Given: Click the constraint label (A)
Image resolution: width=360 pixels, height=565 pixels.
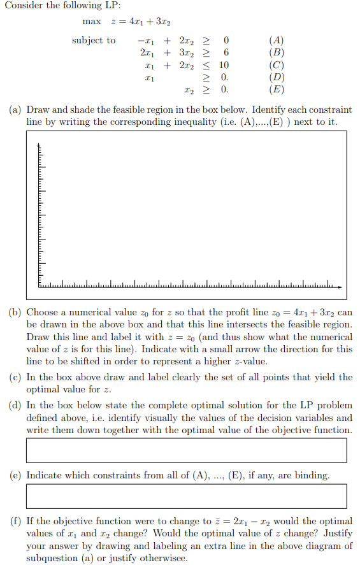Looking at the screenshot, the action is click(x=277, y=41).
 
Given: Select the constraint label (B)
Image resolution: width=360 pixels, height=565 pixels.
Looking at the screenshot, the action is click(x=277, y=53).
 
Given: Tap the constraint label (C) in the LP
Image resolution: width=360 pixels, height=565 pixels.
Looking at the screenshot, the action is click(x=277, y=65).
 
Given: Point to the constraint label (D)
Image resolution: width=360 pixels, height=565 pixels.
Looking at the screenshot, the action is click(x=277, y=77).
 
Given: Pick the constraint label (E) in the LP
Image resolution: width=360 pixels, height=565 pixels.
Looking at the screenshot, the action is click(x=277, y=89).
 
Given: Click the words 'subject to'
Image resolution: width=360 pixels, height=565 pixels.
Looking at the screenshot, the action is click(x=94, y=41).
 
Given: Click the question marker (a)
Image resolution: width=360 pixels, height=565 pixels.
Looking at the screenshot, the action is click(x=15, y=110).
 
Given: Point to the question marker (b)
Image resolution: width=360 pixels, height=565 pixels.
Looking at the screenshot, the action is click(x=15, y=313).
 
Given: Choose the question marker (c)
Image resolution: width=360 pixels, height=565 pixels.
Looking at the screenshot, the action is click(x=15, y=377).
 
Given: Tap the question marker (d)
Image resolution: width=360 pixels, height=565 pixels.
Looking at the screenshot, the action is click(x=15, y=405).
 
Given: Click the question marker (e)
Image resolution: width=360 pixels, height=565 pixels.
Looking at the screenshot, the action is click(x=15, y=475).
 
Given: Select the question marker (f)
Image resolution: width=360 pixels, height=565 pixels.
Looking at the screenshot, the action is click(x=15, y=520).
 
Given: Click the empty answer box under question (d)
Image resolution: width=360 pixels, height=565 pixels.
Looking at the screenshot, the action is click(x=186, y=450).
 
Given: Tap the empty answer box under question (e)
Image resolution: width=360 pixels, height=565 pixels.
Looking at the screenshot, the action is click(x=186, y=496).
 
